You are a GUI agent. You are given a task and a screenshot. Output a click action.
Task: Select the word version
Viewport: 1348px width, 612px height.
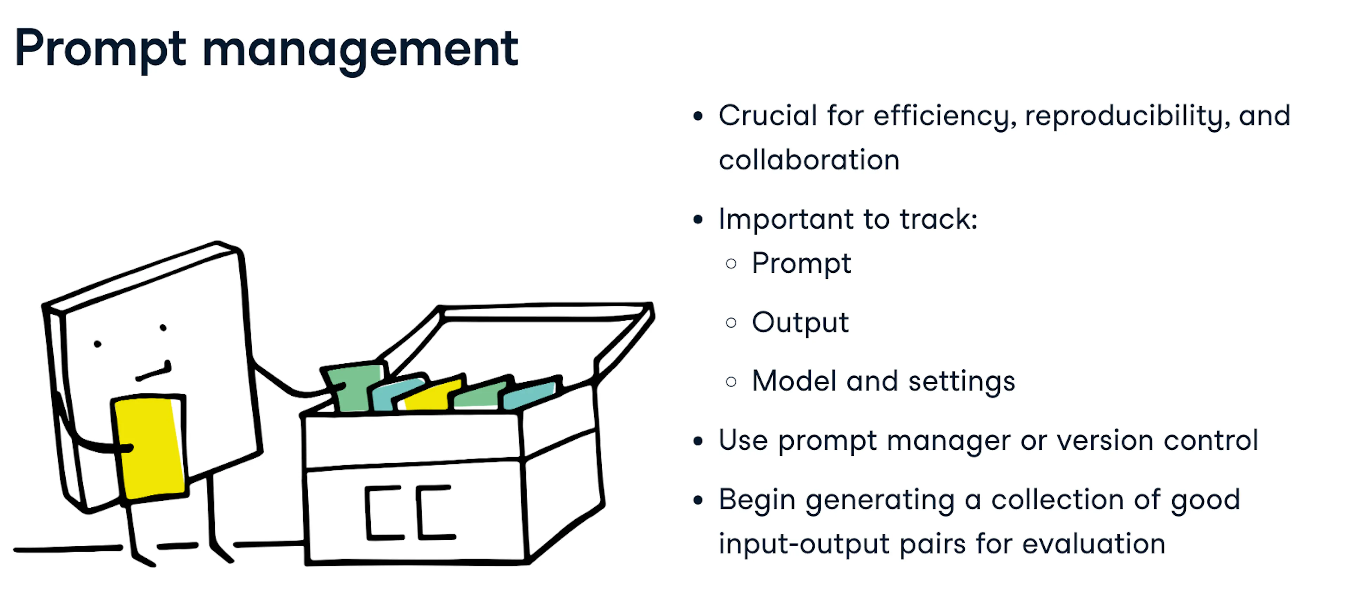pos(1105,440)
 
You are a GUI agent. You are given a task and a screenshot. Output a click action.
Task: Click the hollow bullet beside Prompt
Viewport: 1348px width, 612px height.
pos(731,263)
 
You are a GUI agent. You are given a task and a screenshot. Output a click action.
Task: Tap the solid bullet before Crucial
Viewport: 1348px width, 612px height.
pos(698,116)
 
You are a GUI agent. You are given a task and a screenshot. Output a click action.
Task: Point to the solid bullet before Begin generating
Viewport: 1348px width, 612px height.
pos(698,500)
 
